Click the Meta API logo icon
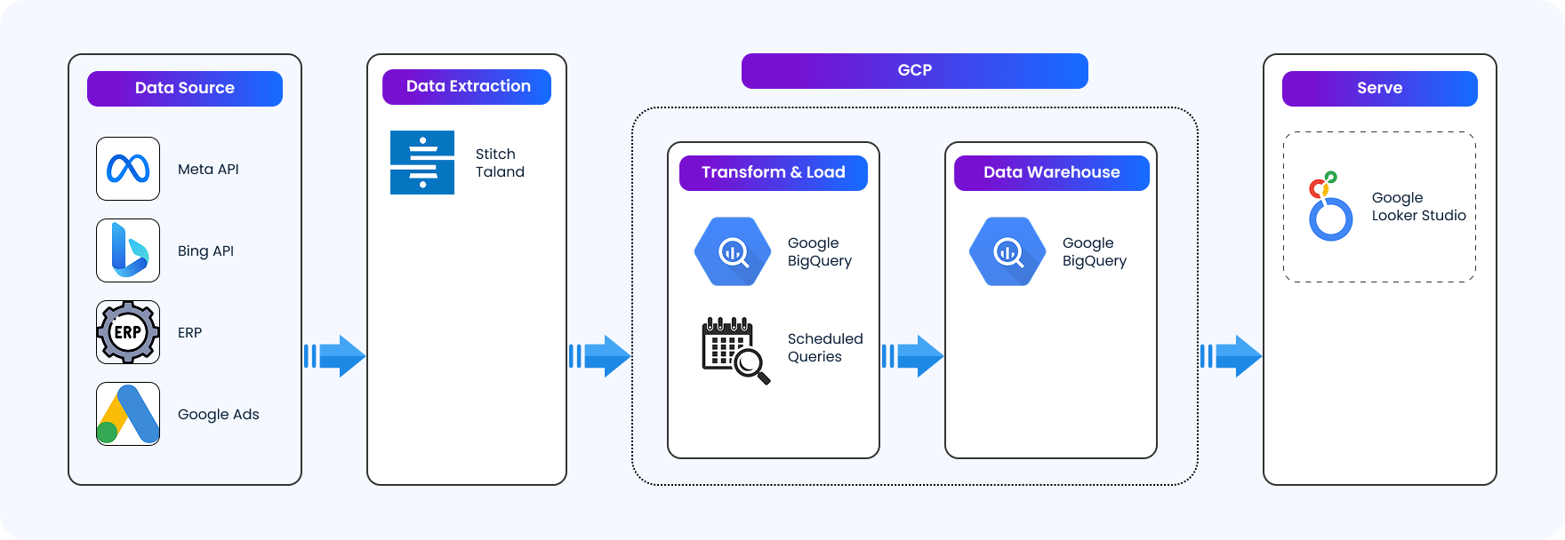click(x=128, y=169)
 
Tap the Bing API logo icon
click(x=128, y=250)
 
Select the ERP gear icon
click(x=128, y=332)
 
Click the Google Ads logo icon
click(x=128, y=414)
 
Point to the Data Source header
click(x=185, y=89)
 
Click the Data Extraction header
click(x=467, y=87)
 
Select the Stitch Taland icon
click(x=422, y=163)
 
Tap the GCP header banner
click(x=914, y=71)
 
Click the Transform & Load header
click(x=773, y=173)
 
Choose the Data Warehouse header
click(x=1051, y=173)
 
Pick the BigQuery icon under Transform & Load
click(x=733, y=252)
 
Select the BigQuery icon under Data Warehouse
click(x=1007, y=252)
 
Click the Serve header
click(x=1379, y=89)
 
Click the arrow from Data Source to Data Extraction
click(x=335, y=356)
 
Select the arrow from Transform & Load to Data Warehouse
click(x=912, y=356)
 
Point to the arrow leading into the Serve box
click(x=1232, y=356)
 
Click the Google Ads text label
click(x=219, y=415)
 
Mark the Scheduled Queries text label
click(x=824, y=348)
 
